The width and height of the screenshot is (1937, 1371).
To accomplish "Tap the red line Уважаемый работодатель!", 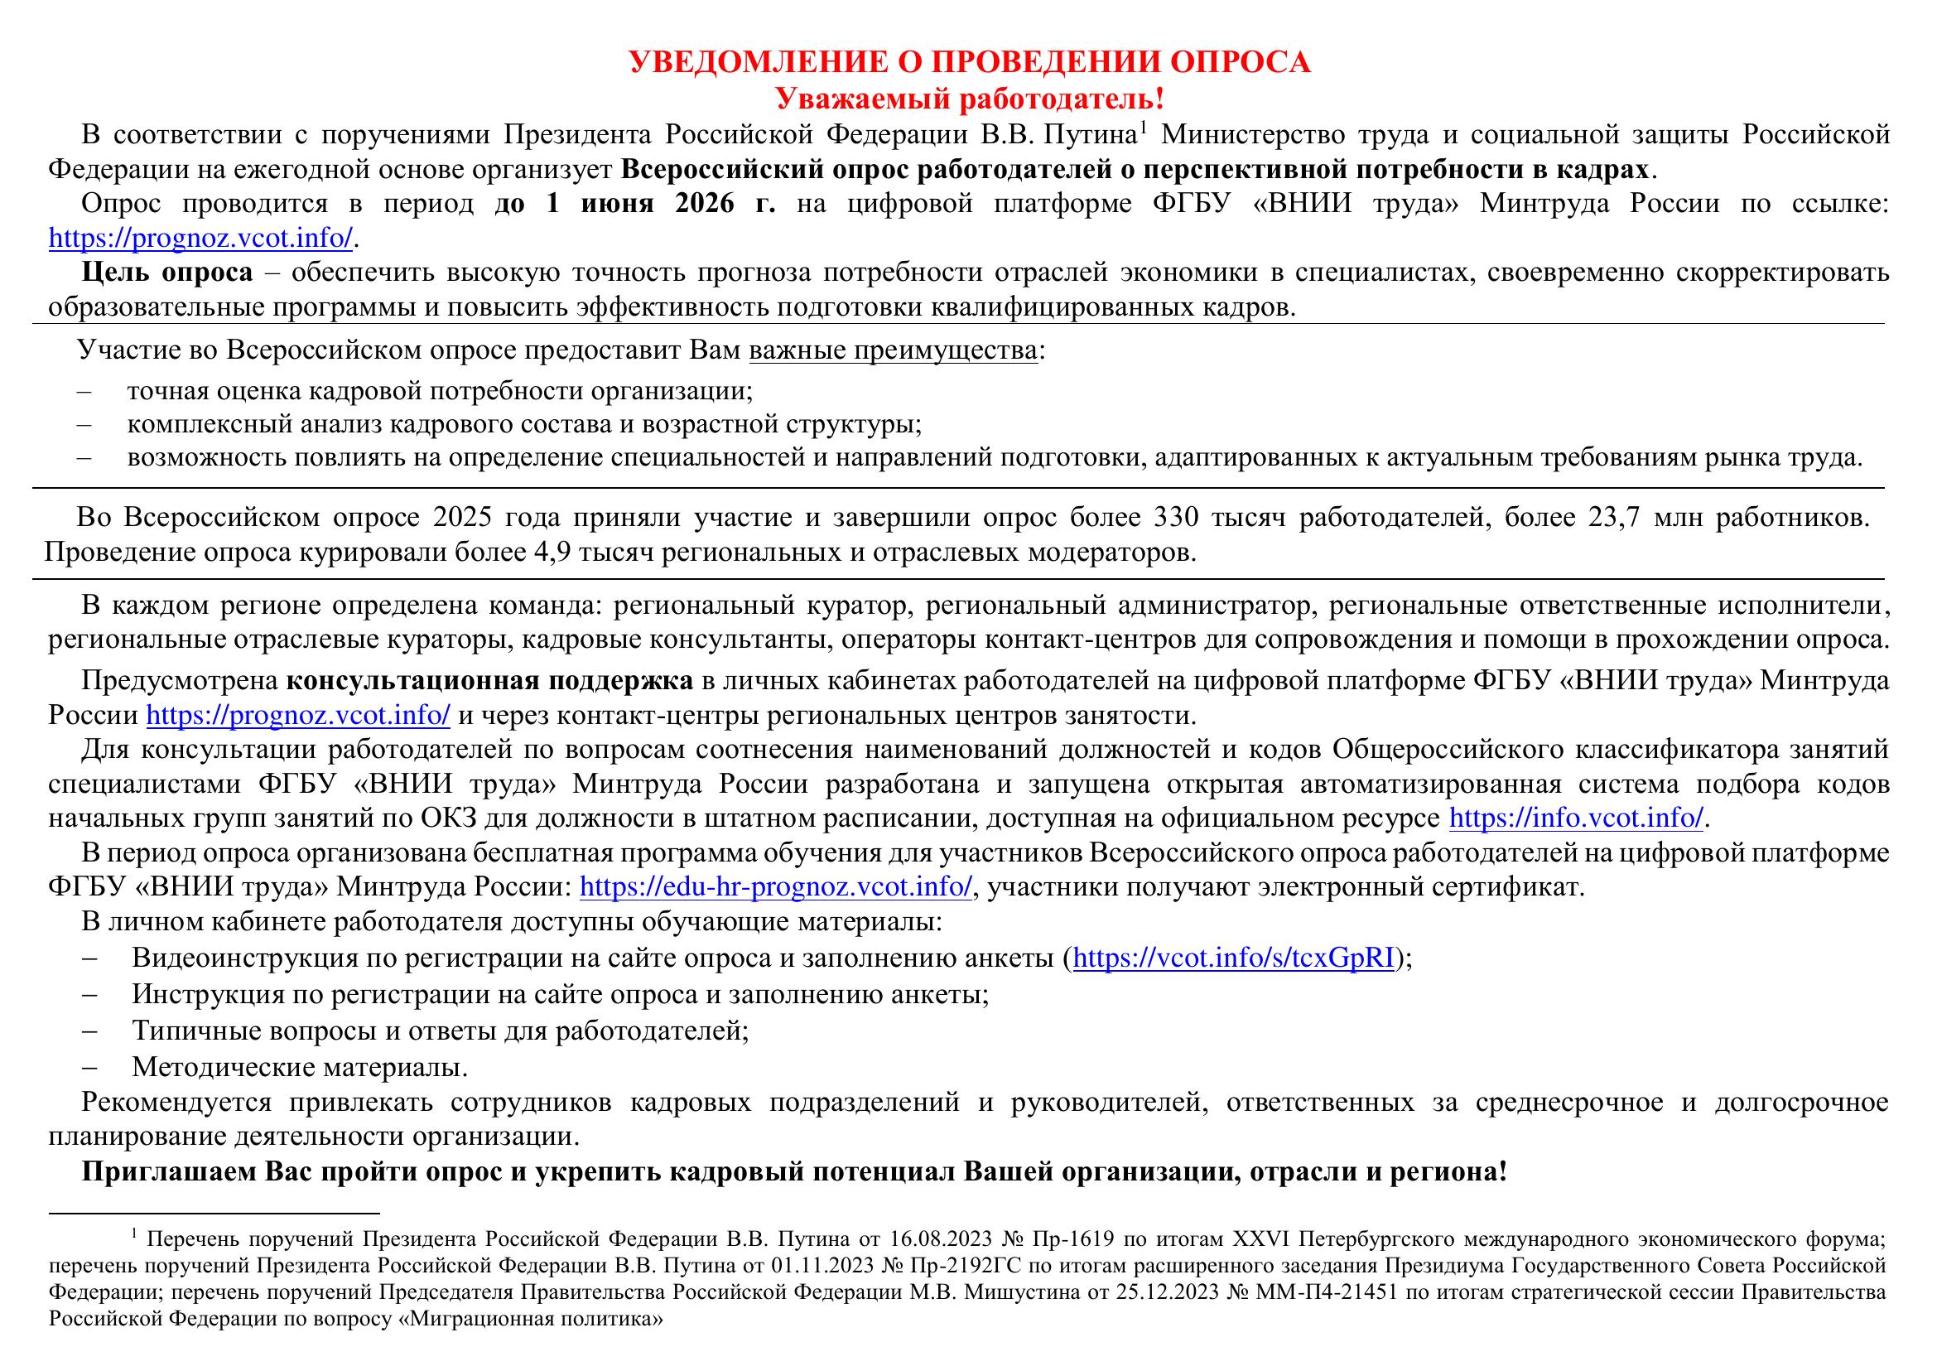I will (x=970, y=99).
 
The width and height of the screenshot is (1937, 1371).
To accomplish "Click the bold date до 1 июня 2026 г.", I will (x=634, y=205).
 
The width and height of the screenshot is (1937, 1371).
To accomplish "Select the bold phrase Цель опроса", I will (x=166, y=273).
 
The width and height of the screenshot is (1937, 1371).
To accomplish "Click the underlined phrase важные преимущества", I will (x=893, y=350).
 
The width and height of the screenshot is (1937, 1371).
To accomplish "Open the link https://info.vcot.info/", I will (x=1576, y=818).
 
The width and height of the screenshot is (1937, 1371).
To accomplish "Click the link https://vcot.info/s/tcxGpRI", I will (x=1233, y=958).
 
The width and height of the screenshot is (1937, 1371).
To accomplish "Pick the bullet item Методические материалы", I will (x=300, y=1067).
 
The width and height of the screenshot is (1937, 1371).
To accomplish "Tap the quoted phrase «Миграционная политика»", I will (x=530, y=1319).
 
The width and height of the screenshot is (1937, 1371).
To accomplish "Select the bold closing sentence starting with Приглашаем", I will (x=793, y=1173).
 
